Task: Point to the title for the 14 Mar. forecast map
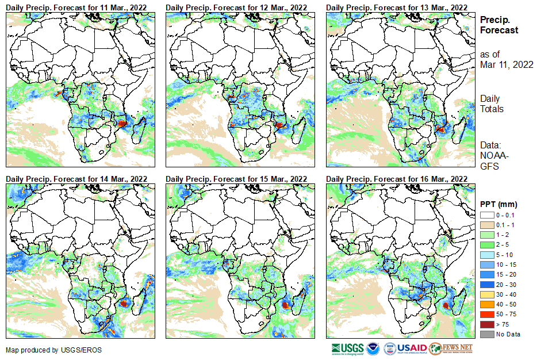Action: pos(76,179)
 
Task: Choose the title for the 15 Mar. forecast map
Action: pos(236,179)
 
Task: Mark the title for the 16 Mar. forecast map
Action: pos(396,179)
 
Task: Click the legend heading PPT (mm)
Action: pos(499,204)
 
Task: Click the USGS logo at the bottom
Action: pos(348,348)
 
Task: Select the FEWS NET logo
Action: pos(451,348)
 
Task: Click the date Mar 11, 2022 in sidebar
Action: pos(507,64)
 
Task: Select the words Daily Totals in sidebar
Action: pos(492,104)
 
